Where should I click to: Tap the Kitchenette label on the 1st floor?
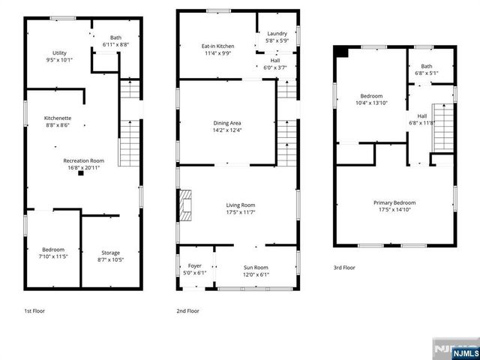pos(58,118)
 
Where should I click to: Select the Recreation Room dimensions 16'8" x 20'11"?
pos(83,167)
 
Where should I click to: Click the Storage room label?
pos(110,253)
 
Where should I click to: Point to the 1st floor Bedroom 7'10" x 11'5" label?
pos(53,250)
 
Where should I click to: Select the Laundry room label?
pos(277,34)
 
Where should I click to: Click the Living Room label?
pos(241,205)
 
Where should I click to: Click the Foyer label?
pos(194,265)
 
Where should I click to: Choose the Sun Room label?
pos(256,268)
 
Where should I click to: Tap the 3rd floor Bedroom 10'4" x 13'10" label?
pos(371,96)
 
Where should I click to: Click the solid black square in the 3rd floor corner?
pos(342,52)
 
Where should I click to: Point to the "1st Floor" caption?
pos(34,310)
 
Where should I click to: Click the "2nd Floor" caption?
pos(187,310)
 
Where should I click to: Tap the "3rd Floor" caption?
pos(344,268)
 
